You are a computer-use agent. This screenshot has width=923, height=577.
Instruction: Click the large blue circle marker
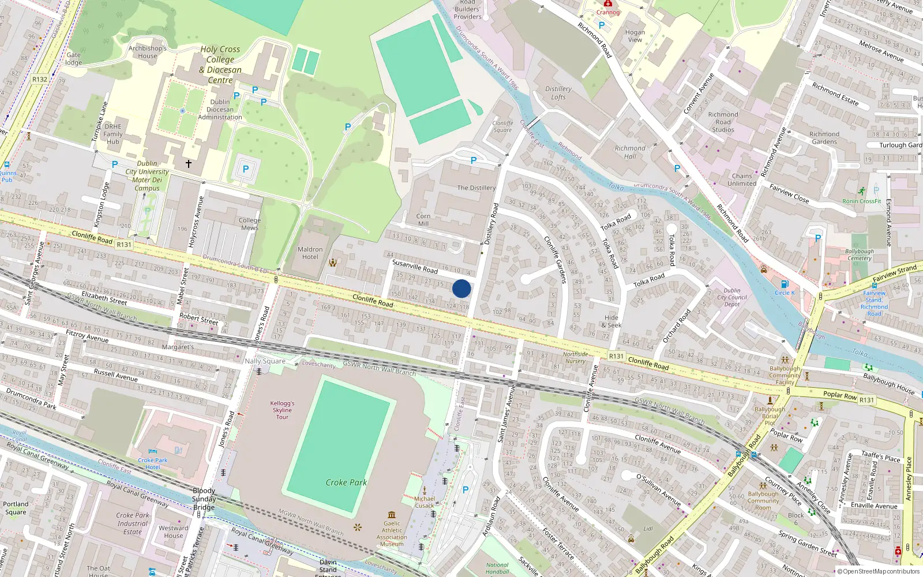click(461, 288)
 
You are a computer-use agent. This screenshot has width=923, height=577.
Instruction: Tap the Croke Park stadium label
click(346, 482)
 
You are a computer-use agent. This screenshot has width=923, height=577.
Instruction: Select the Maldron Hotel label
click(310, 253)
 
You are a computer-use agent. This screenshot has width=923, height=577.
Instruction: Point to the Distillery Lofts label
click(558, 93)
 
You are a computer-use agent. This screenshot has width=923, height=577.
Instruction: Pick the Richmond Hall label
click(630, 152)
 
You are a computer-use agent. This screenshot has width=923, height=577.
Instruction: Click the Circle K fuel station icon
click(785, 284)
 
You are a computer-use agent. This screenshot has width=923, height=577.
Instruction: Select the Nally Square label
click(265, 361)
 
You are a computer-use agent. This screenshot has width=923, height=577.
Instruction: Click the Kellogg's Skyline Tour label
click(282, 410)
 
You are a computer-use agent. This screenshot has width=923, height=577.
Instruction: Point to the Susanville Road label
click(415, 266)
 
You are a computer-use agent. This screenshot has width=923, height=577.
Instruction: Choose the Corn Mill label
click(423, 220)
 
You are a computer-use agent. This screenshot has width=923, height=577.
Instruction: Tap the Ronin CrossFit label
click(862, 201)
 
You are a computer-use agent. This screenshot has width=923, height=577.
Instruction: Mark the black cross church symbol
click(188, 164)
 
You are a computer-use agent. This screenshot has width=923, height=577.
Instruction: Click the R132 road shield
click(40, 80)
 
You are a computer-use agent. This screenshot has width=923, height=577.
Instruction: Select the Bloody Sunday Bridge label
click(204, 499)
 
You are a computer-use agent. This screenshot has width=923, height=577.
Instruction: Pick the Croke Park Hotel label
click(152, 463)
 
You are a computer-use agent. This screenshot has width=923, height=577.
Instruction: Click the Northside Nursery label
click(575, 358)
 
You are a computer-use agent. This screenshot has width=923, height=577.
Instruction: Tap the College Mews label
click(249, 224)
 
